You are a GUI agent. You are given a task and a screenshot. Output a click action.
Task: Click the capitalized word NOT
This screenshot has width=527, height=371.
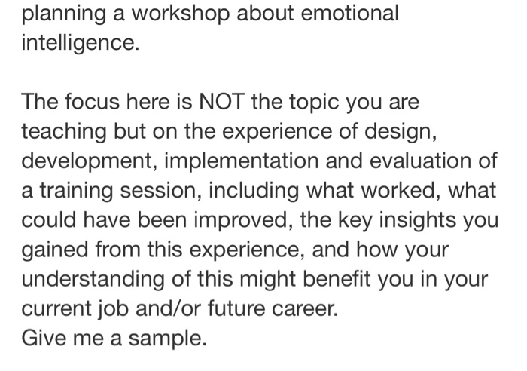[216, 101]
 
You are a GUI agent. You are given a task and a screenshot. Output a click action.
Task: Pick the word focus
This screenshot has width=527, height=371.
[92, 101]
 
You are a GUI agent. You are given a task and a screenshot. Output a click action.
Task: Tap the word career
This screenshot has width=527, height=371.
[303, 308]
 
